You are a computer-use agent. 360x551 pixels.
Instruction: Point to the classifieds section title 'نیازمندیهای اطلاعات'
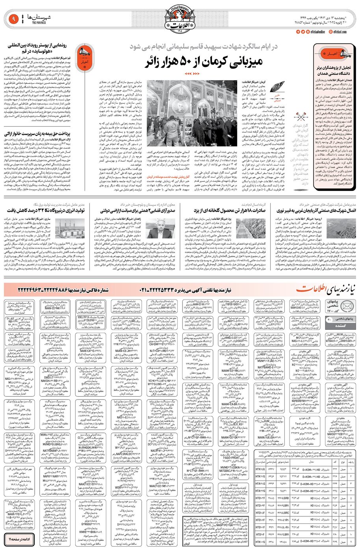coord(326,289)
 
